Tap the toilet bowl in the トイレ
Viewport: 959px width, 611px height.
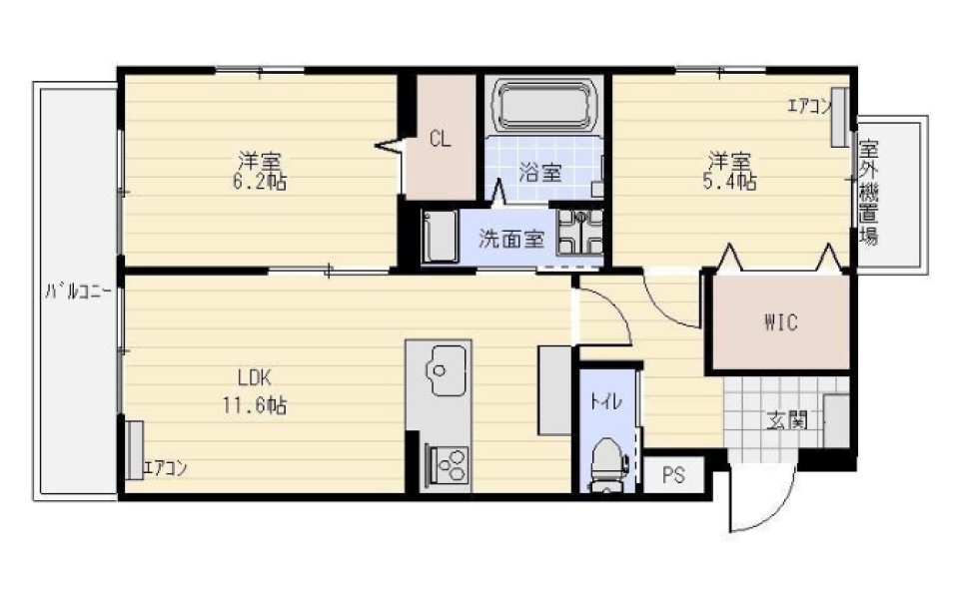[606, 462]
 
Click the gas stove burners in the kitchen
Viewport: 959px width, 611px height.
[450, 465]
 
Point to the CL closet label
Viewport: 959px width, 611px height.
[440, 140]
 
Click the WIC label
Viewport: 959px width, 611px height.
[780, 322]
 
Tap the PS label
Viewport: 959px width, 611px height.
[673, 475]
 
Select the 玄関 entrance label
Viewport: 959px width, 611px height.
[786, 420]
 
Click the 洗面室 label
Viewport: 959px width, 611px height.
[510, 239]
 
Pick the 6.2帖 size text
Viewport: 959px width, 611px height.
[260, 182]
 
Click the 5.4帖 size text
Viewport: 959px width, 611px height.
[729, 182]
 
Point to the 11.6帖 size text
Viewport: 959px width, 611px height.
[255, 405]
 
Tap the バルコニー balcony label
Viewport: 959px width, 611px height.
[78, 292]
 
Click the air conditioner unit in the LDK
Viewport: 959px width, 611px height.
[134, 450]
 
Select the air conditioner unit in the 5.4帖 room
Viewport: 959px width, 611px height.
[840, 118]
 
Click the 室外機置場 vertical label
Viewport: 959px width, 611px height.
[868, 193]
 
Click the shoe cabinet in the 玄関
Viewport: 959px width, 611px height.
[836, 421]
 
